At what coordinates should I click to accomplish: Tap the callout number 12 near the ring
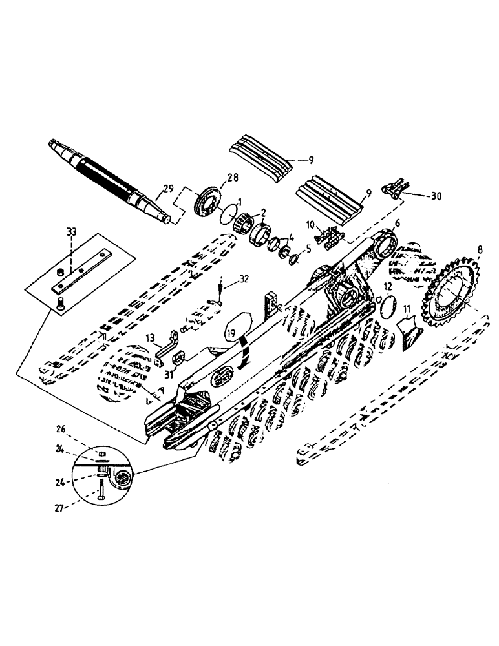(387, 287)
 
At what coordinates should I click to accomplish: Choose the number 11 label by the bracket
(407, 309)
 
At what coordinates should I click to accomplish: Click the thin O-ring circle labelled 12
(388, 306)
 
